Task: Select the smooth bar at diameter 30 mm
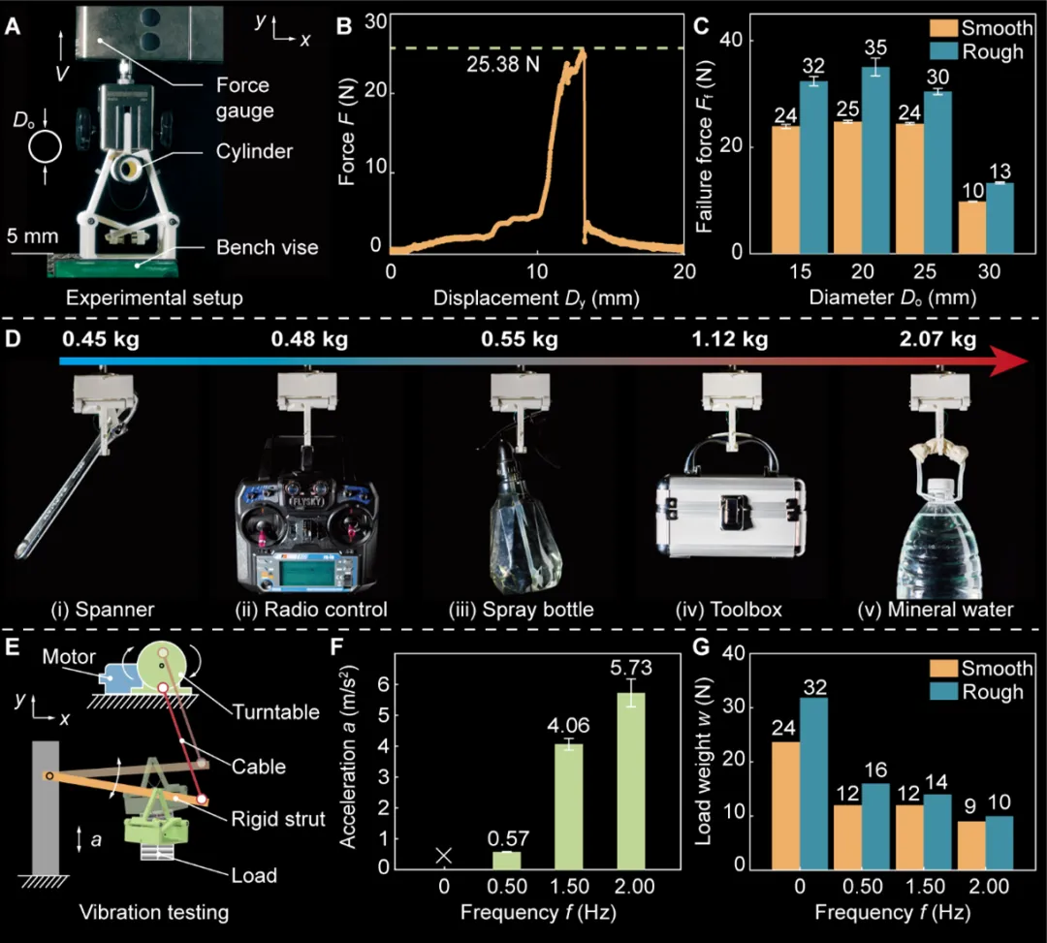971,227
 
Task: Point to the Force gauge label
246,98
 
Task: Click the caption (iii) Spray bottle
522,610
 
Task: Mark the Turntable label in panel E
276,712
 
